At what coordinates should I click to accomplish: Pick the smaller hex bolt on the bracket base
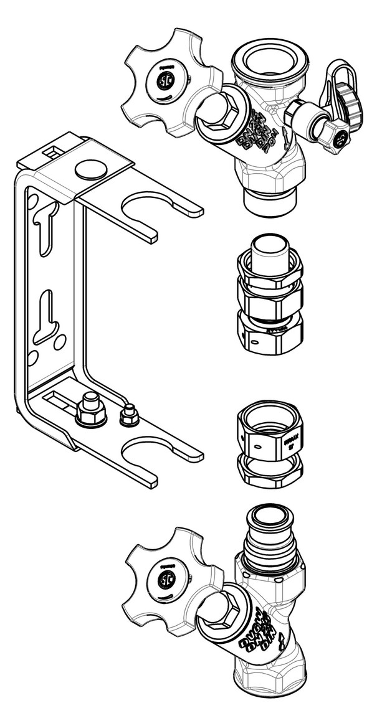[129, 415]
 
